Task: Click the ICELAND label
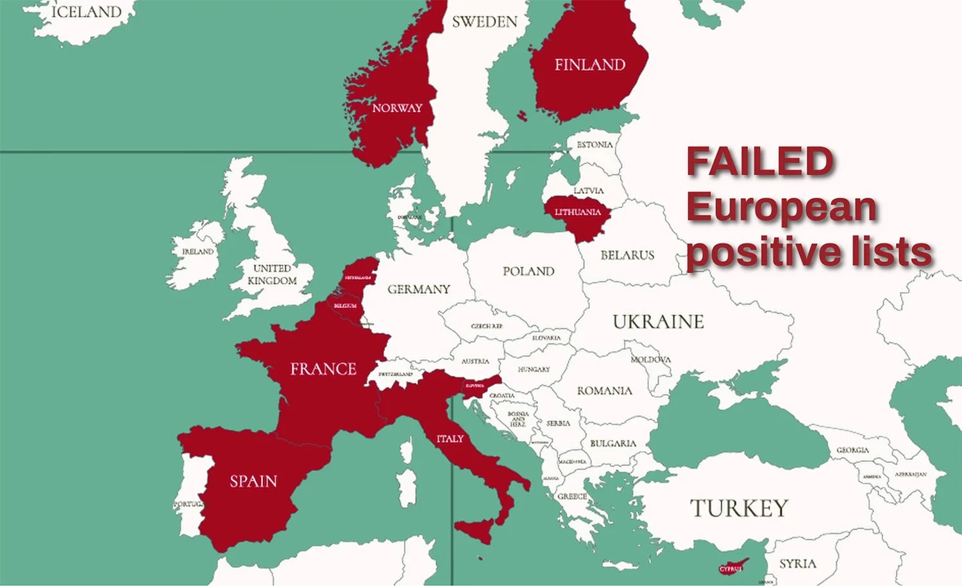87,12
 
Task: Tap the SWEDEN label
484,22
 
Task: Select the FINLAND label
589,65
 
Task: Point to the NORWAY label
397,108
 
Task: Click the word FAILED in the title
760,162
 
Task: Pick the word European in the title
781,207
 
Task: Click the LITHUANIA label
578,212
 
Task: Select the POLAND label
528,271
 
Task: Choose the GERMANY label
419,289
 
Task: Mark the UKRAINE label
658,322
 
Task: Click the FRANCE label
323,369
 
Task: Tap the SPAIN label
253,481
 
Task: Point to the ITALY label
450,439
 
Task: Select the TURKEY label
739,508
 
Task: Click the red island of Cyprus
732,568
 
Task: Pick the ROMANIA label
604,391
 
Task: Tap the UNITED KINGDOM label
273,275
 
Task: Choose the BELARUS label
627,255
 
